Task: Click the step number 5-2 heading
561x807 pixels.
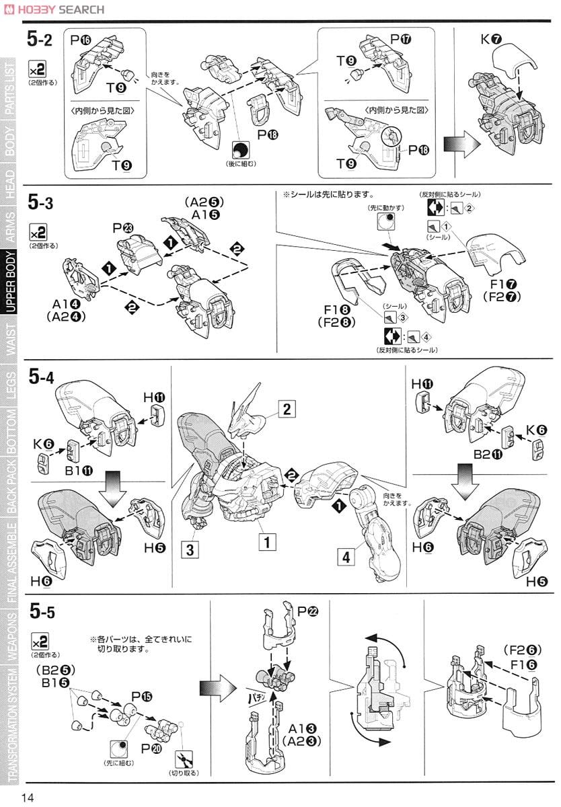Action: pos(40,40)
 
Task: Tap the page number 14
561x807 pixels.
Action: pos(28,797)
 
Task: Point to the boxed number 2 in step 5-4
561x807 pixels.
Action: pos(287,409)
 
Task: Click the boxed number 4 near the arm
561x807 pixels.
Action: pos(346,557)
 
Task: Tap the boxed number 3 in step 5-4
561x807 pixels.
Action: pos(190,549)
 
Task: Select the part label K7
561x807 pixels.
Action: pos(491,40)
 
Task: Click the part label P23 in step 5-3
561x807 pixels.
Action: pos(124,228)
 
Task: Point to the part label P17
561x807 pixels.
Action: pos(400,39)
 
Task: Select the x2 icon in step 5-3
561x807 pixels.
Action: pos(38,233)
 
